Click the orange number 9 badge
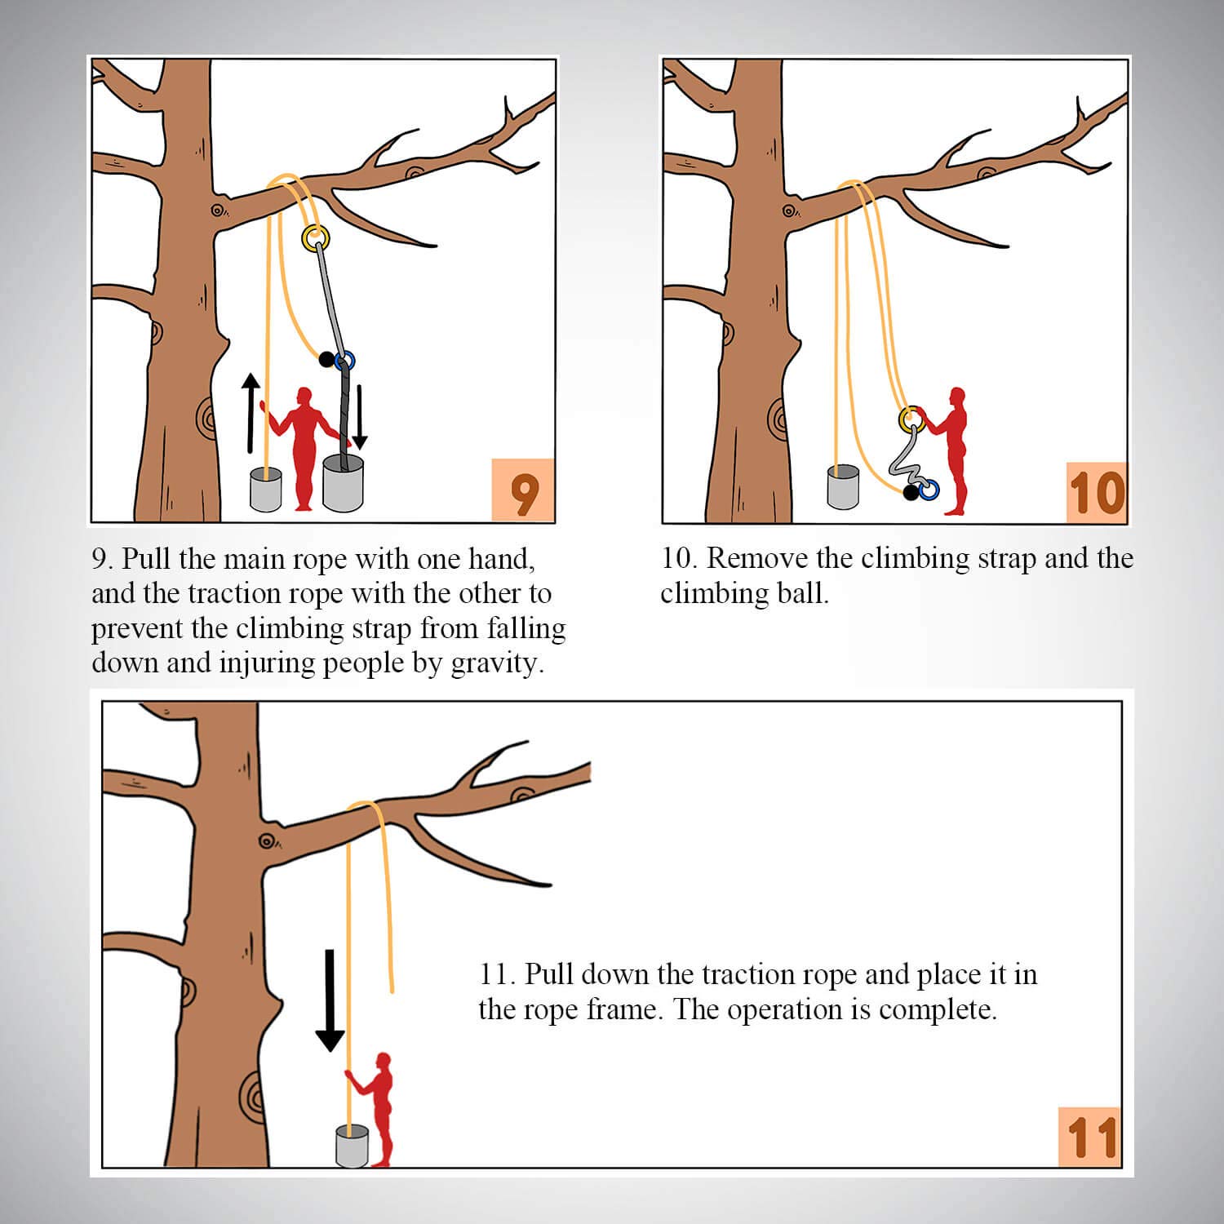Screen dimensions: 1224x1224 [523, 490]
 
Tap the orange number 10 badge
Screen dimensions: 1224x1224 [1097, 493]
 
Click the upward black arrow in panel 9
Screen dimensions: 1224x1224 [251, 413]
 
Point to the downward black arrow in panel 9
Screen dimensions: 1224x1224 [358, 416]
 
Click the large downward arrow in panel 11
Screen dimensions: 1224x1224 [330, 1000]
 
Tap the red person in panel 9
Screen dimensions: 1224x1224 [304, 449]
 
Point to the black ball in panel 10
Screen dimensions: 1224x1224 [911, 492]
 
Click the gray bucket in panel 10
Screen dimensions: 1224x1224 [843, 487]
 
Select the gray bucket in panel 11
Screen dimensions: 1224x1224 [352, 1146]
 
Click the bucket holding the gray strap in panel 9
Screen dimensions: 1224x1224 [343, 483]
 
